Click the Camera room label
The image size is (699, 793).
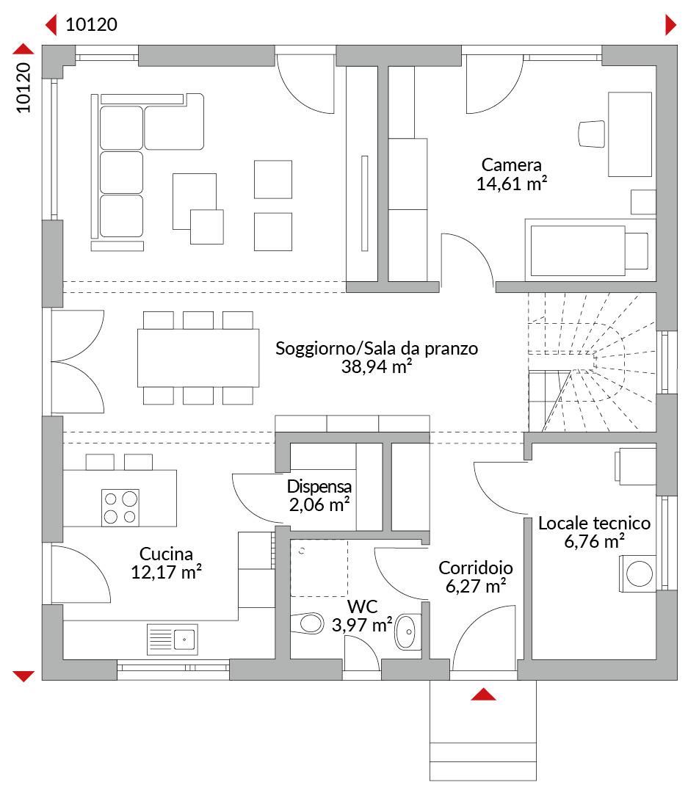(511, 165)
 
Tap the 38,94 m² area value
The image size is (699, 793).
(377, 366)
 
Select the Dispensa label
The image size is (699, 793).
(319, 486)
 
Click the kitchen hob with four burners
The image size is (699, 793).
(120, 508)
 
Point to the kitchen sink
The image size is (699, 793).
(173, 640)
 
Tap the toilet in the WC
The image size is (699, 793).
(308, 623)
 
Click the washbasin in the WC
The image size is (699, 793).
(408, 631)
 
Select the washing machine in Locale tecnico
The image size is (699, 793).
(638, 573)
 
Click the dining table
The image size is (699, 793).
(198, 358)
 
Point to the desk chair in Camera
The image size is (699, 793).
(592, 134)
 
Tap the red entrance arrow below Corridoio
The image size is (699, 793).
(484, 695)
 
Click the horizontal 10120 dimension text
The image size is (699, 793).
(92, 24)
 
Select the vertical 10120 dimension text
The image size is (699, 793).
(23, 88)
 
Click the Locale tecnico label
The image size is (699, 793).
(594, 523)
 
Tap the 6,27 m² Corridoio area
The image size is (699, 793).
(476, 586)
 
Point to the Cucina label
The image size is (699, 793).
(166, 554)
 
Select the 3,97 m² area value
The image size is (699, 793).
(362, 625)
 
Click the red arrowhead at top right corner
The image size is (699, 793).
(670, 25)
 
